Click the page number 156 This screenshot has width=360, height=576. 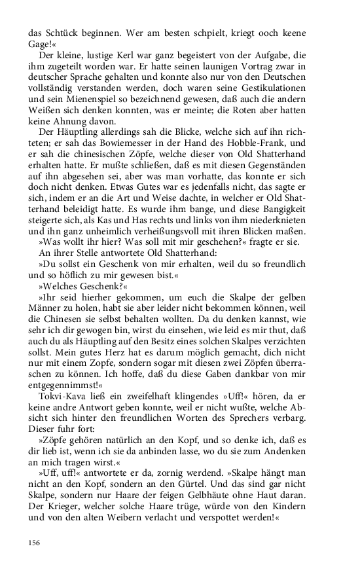33,542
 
